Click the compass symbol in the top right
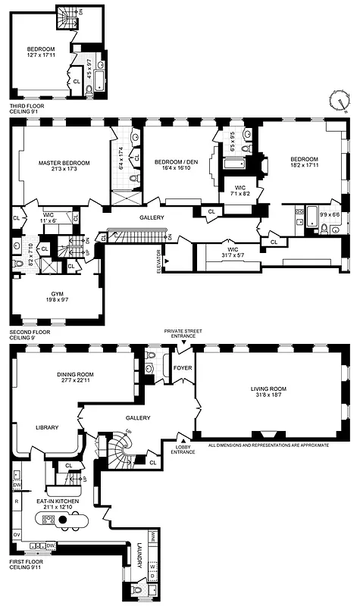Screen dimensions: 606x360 (x=343, y=99)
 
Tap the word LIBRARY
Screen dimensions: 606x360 (x=46, y=428)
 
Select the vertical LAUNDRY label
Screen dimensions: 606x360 (x=139, y=557)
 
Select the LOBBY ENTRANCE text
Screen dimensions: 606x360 (x=184, y=449)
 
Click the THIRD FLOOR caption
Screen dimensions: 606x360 (x=27, y=105)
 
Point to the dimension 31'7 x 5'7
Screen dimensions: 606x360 (x=228, y=255)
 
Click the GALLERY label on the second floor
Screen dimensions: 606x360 (x=152, y=217)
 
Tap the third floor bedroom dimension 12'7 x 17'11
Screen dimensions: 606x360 (x=42, y=55)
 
